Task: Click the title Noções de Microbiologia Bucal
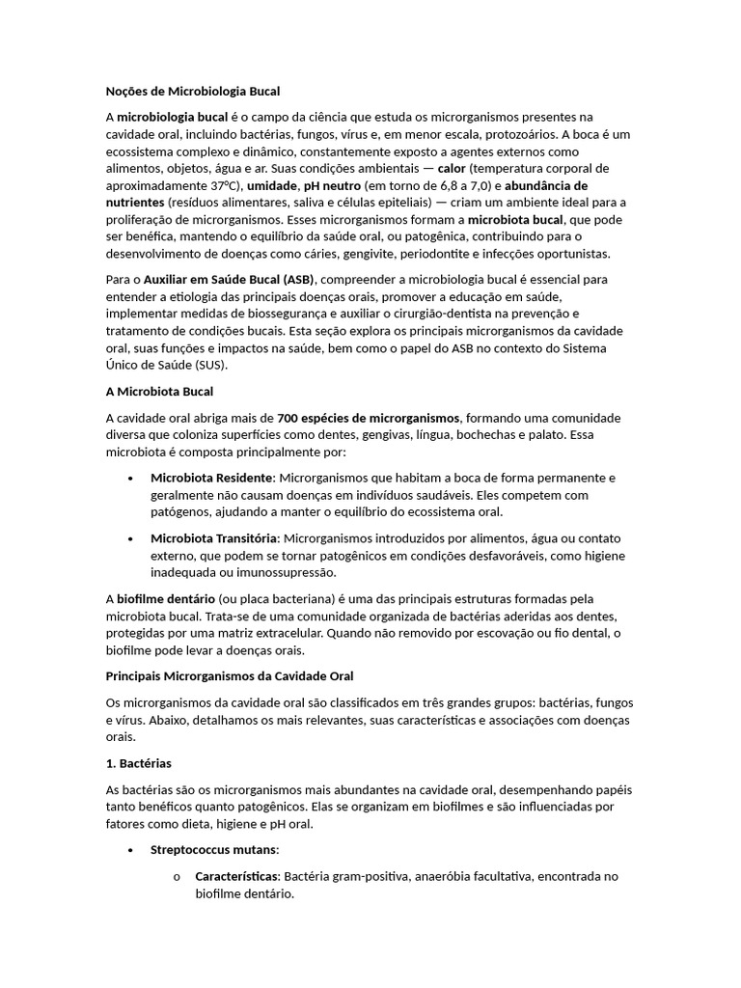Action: [192, 92]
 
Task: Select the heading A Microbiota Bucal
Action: [159, 392]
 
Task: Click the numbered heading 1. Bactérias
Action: [138, 763]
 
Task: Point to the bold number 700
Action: [288, 418]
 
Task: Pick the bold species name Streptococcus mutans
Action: [213, 850]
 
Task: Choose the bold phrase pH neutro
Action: [332, 185]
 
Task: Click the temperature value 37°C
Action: [224, 185]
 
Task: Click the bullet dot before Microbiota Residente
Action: [130, 479]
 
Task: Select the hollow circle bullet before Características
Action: [176, 878]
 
